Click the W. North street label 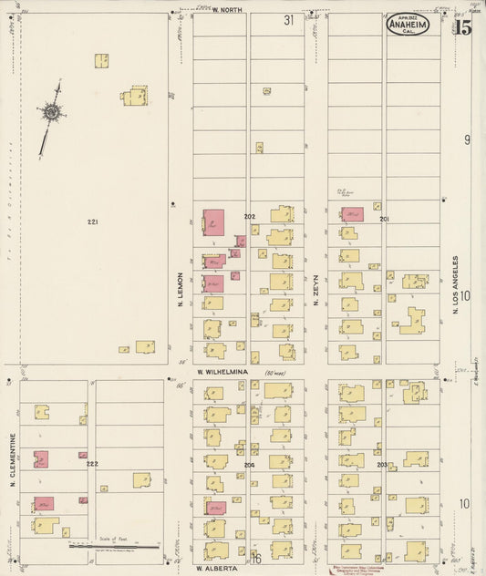tap(227, 10)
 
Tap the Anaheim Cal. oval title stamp tap(407, 25)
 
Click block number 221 tap(92, 222)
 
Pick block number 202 tap(249, 217)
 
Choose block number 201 tap(384, 219)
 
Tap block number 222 tap(92, 464)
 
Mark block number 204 tap(249, 465)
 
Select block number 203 tap(381, 465)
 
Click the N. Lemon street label tap(181, 290)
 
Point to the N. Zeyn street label tap(315, 290)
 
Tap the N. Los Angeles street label tap(454, 284)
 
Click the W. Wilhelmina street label tap(223, 372)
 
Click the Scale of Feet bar tap(114, 547)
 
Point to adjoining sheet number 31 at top tap(288, 19)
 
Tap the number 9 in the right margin tap(467, 139)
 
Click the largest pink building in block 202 tap(212, 223)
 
